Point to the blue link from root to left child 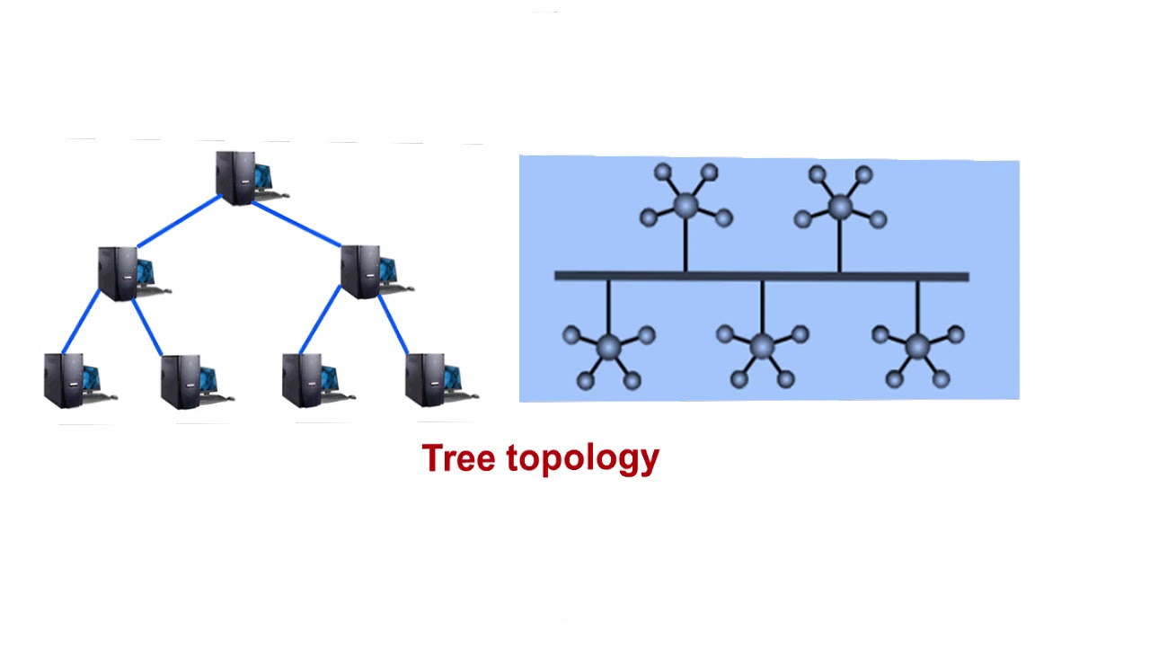click(x=178, y=221)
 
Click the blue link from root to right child click(x=296, y=223)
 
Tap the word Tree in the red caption click(x=458, y=458)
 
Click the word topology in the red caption click(x=582, y=458)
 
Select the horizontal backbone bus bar click(x=761, y=276)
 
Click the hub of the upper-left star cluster click(x=686, y=206)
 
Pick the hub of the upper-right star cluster click(x=840, y=207)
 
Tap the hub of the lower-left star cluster click(x=608, y=346)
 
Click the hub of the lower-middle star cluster click(x=762, y=345)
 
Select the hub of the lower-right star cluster click(x=917, y=346)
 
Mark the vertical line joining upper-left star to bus click(x=686, y=244)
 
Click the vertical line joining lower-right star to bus click(x=917, y=307)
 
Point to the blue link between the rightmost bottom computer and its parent click(x=393, y=323)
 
